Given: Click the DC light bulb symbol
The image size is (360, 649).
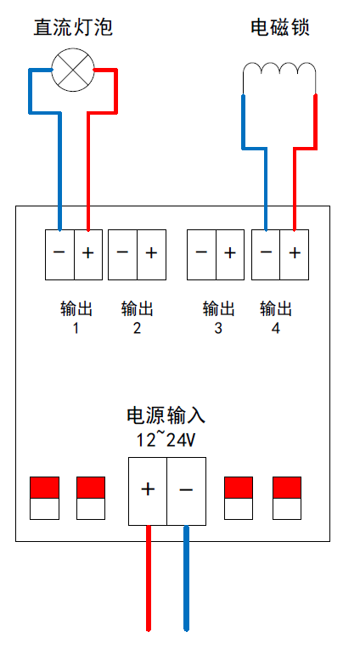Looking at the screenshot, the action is (x=73, y=70).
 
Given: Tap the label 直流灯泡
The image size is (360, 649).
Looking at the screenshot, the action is (x=73, y=28).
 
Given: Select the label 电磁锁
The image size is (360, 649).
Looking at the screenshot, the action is (x=280, y=28).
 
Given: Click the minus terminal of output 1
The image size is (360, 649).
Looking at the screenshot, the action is (x=59, y=255).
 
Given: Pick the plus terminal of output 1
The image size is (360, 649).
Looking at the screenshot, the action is (x=88, y=255).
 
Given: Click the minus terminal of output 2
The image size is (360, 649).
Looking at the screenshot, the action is (x=122, y=255).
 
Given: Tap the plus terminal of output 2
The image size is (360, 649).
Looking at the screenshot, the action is (x=151, y=255).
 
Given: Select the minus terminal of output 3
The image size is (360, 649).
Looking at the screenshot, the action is (x=201, y=255).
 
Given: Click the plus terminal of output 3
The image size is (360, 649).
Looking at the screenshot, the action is (x=230, y=255).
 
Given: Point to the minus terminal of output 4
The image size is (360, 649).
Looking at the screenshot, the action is (x=266, y=255).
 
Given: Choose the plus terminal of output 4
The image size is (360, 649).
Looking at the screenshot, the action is (x=295, y=255).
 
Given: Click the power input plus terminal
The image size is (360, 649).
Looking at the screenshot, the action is (x=148, y=491).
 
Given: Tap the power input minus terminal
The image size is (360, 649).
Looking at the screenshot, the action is (x=186, y=491).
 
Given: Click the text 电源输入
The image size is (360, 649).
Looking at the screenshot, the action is (x=166, y=415).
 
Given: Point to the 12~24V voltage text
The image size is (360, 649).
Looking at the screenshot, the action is (x=166, y=439).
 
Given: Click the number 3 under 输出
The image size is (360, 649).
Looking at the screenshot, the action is (x=218, y=328).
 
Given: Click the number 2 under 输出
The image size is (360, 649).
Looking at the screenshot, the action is (x=137, y=328).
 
